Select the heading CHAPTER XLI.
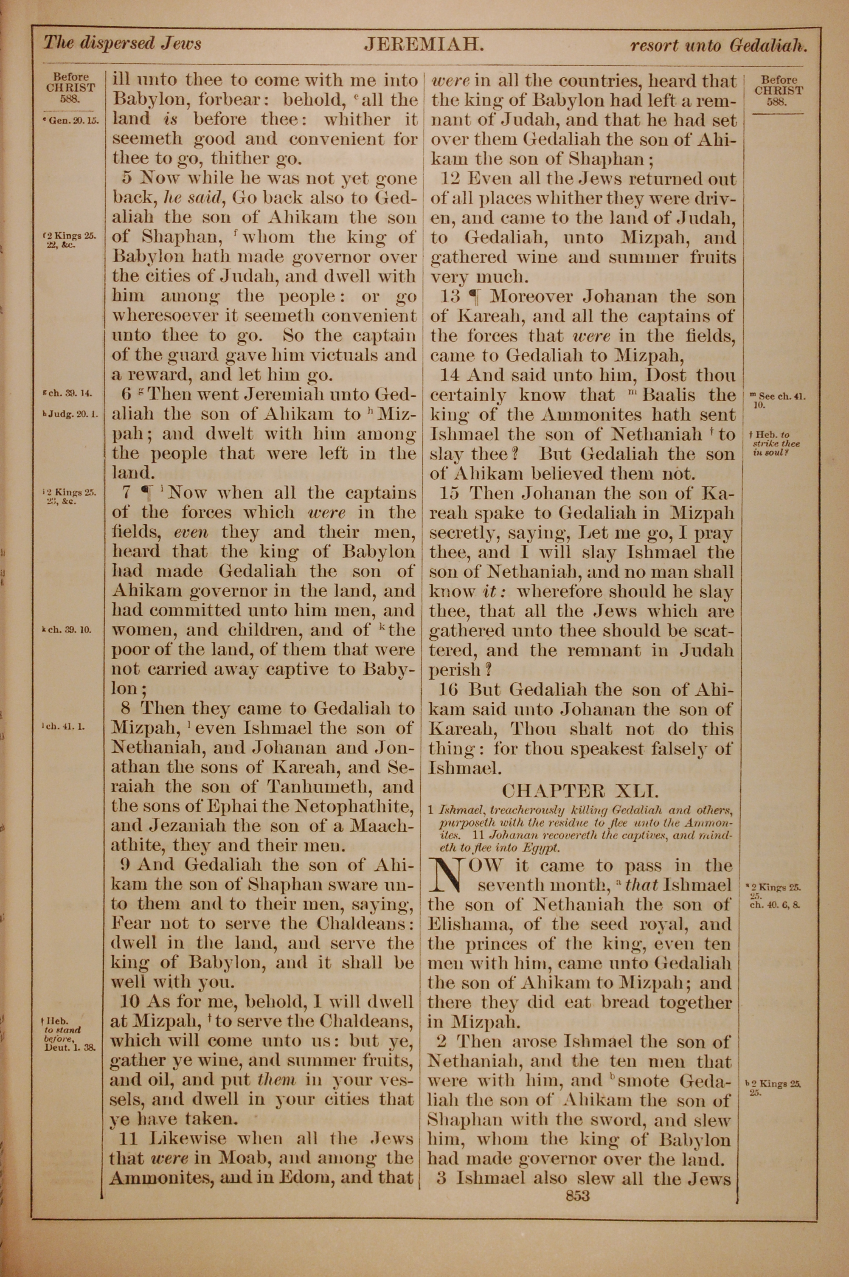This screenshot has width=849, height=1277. (580, 791)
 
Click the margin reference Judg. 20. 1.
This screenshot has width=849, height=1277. (71, 415)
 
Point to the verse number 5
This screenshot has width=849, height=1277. (128, 178)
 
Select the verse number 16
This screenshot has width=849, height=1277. (450, 689)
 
